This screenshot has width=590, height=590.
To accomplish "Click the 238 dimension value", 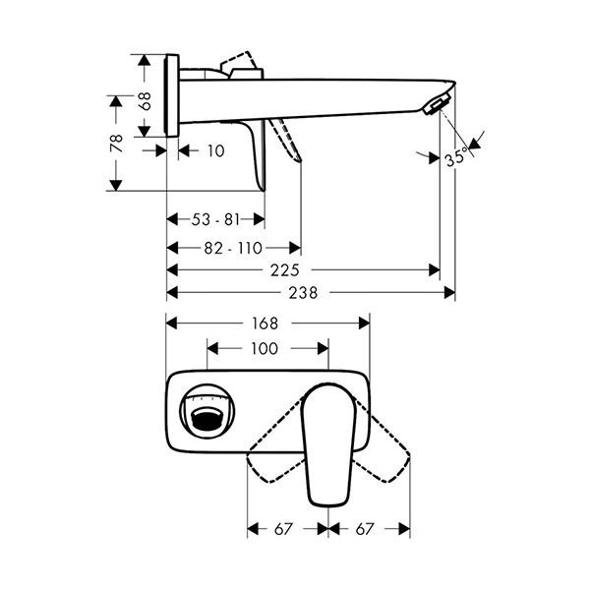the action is coord(303,293).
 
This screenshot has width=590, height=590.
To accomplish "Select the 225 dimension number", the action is coord(285,270).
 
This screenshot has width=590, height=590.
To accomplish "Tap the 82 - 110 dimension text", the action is coord(233,249).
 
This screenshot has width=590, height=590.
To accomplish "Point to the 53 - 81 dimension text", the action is coord(215,219).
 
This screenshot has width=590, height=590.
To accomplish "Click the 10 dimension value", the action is coord(216,151).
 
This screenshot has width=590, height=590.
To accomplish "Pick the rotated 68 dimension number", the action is coord(145,101).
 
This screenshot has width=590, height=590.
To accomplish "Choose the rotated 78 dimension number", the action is coord(117,144).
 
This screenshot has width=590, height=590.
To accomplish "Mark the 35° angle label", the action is coord(456,158).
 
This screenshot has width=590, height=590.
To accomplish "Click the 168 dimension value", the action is coord(265,324).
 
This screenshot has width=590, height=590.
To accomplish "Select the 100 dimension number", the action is coord(265,349).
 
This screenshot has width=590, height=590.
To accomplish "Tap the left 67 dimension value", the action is coord(283,529).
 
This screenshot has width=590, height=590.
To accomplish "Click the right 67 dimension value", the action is coord(364,529).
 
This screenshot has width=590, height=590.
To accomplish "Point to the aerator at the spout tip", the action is coord(436,104).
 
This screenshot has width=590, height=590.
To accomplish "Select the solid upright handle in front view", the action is coord(328,444).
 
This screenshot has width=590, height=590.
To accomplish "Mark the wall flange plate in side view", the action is coord(172,95).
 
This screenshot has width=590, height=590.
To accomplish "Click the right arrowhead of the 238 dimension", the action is coord(449,293).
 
